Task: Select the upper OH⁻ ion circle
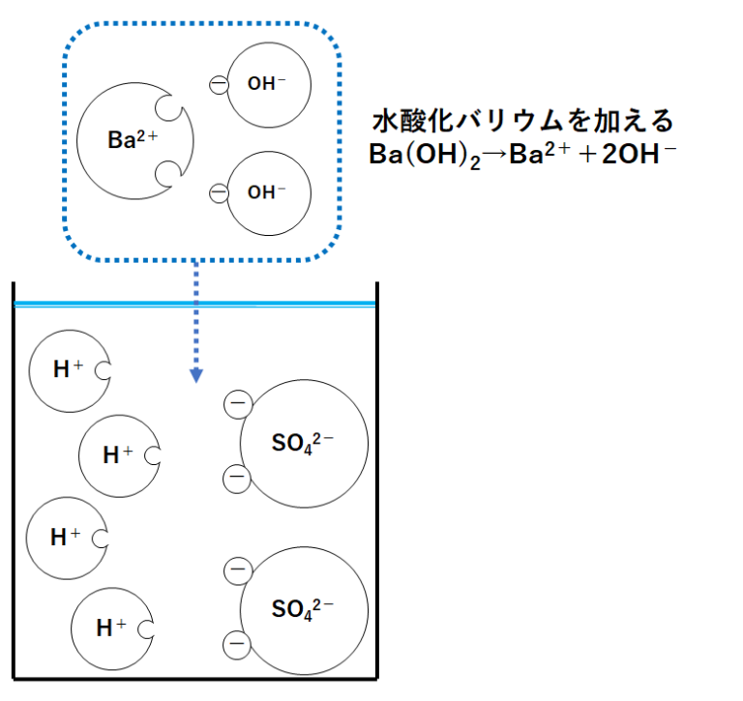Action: coord(269,84)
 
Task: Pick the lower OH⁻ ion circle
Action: coord(269,192)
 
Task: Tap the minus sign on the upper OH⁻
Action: coord(220,85)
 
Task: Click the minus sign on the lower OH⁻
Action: coord(220,192)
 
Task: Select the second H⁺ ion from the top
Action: coord(116,453)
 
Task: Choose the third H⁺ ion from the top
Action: coord(64,538)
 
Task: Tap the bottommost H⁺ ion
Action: coord(110,628)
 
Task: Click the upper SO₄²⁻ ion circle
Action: coord(304,444)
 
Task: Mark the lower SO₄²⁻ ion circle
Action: coord(304,608)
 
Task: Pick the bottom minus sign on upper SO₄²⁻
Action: coord(236,477)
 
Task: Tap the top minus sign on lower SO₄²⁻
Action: coord(236,571)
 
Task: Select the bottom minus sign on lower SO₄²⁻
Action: coord(236,643)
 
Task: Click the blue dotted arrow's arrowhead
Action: coord(195,374)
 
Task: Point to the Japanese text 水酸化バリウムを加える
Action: coord(522,124)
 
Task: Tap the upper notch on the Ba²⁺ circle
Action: coord(168,108)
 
